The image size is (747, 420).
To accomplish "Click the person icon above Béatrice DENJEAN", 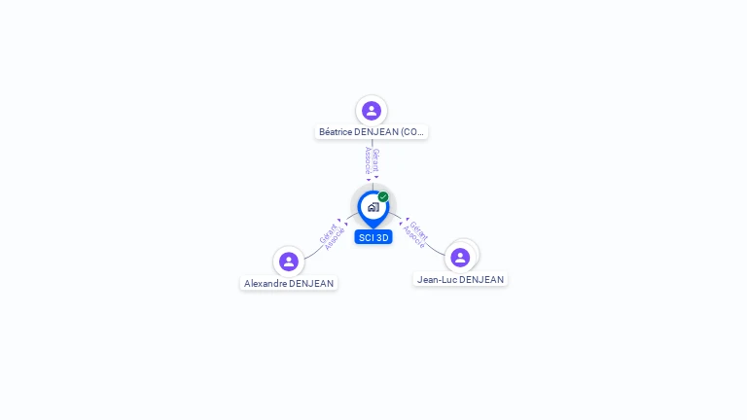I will (x=371, y=110).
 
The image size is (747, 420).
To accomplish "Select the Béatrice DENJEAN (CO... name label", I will (x=372, y=131).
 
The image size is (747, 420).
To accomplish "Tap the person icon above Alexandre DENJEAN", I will (x=289, y=261).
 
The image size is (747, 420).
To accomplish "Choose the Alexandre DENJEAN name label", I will (x=289, y=284).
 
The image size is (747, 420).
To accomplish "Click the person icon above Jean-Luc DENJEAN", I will (x=460, y=257).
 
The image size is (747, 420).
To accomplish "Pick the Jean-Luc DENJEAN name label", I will (x=460, y=279).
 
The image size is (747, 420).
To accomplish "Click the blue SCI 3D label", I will (x=373, y=237).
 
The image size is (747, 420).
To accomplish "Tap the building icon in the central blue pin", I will (x=373, y=207).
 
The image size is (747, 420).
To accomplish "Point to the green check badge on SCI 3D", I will (x=383, y=197).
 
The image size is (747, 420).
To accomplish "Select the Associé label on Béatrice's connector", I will (x=368, y=160).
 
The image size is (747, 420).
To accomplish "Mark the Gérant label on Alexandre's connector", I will (x=328, y=232).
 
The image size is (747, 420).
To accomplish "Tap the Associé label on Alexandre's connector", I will (x=335, y=239).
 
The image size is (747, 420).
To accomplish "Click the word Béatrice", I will (x=336, y=131).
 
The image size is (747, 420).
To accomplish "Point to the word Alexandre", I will (x=266, y=284).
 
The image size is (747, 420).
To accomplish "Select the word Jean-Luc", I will (x=437, y=279).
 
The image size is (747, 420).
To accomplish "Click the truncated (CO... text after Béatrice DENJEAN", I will (x=412, y=131).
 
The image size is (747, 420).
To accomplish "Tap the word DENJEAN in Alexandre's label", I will (x=311, y=284).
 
